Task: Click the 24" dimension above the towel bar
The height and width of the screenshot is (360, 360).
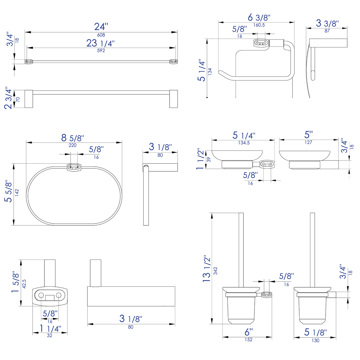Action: point(101,27)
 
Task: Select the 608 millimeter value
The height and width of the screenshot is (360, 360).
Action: point(101,35)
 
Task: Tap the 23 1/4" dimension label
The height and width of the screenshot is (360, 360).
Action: point(101,43)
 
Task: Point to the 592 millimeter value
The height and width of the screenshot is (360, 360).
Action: point(101,51)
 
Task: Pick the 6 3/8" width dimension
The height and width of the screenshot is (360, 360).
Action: point(259,17)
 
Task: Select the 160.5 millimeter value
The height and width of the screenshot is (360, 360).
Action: point(259,25)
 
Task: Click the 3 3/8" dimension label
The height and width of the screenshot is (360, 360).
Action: point(327,23)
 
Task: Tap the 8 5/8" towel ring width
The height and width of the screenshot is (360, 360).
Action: point(73,138)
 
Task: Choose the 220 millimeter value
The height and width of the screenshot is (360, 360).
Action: point(73,145)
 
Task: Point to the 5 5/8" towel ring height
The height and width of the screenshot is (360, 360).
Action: point(8,191)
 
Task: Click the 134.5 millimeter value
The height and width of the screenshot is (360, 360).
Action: point(244,143)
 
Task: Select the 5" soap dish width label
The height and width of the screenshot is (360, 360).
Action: point(308,135)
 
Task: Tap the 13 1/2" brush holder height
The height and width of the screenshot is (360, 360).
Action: point(207,269)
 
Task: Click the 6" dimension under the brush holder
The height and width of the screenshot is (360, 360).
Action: point(249,332)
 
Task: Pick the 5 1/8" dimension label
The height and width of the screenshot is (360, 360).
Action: point(315,332)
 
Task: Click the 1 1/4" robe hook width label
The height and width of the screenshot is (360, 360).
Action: point(50,329)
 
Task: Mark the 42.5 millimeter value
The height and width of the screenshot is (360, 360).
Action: point(24,283)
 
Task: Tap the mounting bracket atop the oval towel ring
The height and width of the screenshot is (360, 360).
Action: point(74,167)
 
